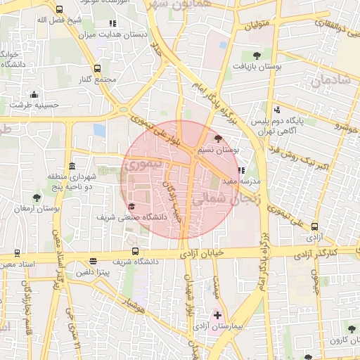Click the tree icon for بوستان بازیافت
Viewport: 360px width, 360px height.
click(256, 54)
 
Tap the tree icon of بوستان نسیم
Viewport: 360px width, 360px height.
click(217, 139)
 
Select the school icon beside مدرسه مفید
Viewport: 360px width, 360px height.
click(241, 169)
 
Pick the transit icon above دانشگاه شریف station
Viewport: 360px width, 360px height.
click(135, 252)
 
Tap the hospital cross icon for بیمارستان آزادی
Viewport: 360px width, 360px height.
click(217, 314)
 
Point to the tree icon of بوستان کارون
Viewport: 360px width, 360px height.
click(351, 328)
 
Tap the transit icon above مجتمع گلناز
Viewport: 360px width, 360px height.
click(97, 68)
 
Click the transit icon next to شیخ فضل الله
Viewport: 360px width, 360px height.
click(58, 10)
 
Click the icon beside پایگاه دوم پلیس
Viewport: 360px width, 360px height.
click(277, 109)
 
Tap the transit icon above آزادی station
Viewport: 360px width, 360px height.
click(314, 226)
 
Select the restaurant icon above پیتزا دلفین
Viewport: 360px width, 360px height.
click(93, 261)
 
